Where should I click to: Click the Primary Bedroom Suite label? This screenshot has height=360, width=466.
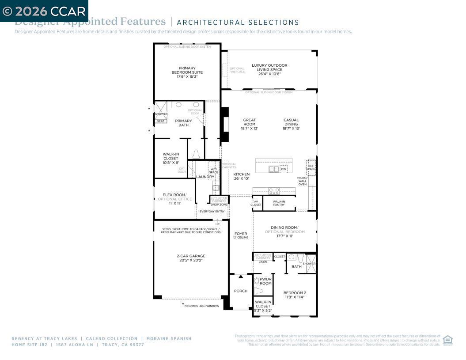click(187, 72)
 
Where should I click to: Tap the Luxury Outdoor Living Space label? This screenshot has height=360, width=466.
click(269, 70)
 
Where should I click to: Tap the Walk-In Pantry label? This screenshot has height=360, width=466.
click(279, 203)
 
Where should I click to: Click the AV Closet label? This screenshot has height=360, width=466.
click(256, 203)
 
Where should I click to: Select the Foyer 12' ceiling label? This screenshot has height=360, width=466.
click(241, 235)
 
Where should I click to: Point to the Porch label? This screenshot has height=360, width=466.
click(241, 291)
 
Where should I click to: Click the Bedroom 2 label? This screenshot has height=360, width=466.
click(295, 295)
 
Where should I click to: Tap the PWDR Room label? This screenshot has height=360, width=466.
click(265, 281)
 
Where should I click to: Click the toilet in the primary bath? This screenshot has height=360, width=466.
click(197, 154)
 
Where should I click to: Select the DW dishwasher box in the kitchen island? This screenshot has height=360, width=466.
click(284, 169)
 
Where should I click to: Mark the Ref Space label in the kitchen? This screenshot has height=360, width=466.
click(311, 167)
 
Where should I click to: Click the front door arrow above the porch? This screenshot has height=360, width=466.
click(241, 277)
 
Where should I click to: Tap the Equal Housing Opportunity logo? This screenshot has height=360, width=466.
click(447, 340)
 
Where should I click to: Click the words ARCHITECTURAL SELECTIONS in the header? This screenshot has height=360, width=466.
click(238, 23)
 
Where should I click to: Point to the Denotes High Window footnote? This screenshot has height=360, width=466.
click(201, 306)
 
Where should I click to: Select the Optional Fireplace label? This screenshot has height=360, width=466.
click(237, 70)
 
